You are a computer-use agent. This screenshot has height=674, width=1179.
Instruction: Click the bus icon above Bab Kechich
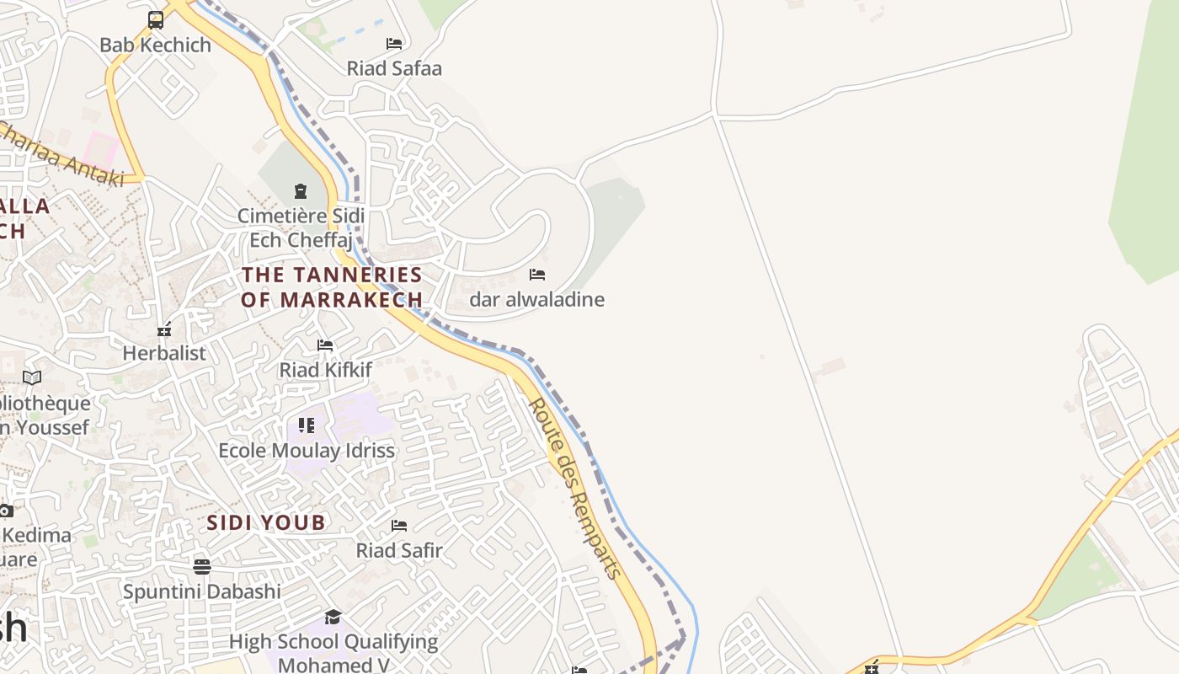[156, 20]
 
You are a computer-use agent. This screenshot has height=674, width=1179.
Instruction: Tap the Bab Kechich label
[156, 45]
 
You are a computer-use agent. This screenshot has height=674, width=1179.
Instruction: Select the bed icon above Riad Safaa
[394, 43]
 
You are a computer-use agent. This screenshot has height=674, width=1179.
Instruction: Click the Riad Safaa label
[394, 68]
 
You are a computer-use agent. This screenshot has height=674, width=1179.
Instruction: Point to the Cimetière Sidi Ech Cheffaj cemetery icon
[301, 191]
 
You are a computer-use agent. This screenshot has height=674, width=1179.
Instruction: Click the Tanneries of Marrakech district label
[332, 287]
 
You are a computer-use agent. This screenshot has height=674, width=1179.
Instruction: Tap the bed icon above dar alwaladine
[537, 275]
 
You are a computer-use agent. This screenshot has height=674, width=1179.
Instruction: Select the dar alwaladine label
[537, 300]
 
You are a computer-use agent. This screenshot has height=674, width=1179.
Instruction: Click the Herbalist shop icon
[164, 329]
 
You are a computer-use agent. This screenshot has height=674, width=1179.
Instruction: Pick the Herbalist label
[164, 353]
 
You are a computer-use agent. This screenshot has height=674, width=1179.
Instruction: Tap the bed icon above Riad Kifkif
[325, 345]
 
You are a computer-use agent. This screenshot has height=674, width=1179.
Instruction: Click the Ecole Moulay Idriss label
[307, 451]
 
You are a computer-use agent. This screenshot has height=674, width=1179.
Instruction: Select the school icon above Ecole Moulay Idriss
[307, 425]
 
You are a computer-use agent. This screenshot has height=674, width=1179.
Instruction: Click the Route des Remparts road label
[574, 489]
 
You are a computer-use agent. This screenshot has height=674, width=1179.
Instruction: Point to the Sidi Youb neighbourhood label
[266, 523]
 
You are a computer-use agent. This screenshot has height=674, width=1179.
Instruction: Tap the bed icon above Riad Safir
[399, 526]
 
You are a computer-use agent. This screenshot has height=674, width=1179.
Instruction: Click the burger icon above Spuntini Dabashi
[202, 566]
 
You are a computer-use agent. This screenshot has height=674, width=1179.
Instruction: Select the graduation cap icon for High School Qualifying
[333, 618]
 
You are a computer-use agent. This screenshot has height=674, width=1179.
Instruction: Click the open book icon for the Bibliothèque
[32, 378]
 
